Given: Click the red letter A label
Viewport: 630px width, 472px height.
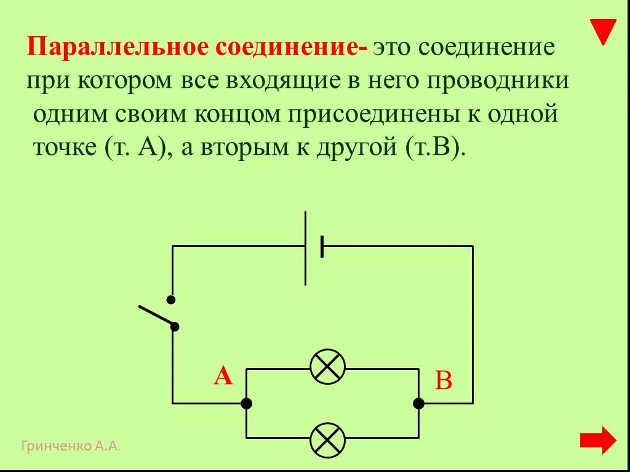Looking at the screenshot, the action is (x=223, y=376).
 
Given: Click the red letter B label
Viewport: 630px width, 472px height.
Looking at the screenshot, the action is (x=444, y=381).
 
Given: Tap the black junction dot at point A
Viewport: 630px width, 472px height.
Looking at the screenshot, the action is (x=246, y=404).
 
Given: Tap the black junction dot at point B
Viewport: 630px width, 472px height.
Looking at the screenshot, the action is (x=418, y=404).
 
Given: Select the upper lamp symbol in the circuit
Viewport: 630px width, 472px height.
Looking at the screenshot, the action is (x=327, y=368).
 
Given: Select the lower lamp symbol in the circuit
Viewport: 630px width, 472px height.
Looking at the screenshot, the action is (x=327, y=439).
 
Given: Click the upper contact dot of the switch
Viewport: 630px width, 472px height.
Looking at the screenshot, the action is (x=171, y=300).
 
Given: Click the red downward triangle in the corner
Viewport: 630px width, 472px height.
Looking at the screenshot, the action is (x=603, y=31).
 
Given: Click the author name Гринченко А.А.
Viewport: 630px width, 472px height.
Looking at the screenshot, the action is (x=71, y=446).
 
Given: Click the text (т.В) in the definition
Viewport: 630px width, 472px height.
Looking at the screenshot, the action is (x=433, y=150).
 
